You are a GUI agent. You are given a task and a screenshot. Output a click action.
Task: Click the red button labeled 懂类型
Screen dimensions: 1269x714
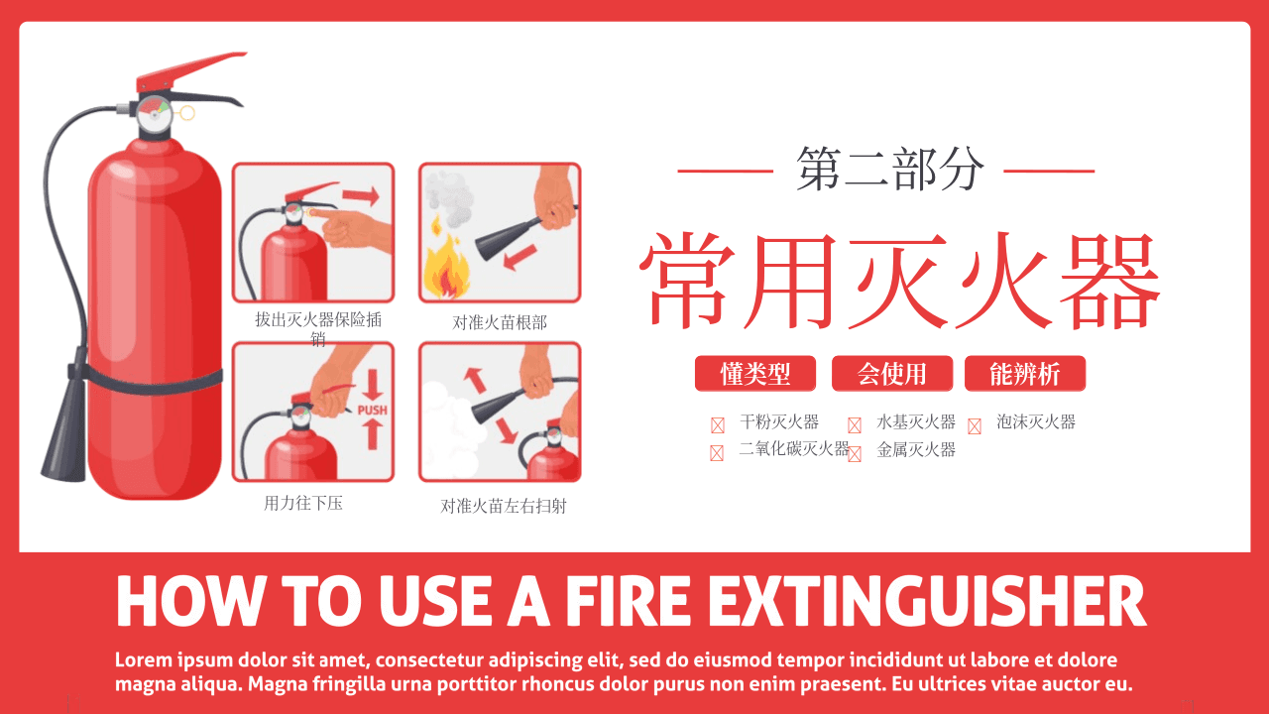coord(755,374)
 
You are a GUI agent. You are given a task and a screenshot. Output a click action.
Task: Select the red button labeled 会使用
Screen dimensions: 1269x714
coord(891,374)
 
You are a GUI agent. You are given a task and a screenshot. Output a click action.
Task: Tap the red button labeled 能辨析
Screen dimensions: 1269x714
coord(1025,374)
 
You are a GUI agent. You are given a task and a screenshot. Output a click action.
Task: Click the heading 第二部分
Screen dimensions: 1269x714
coord(890,169)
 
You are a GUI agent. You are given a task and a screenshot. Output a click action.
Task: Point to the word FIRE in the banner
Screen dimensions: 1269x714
coord(628,601)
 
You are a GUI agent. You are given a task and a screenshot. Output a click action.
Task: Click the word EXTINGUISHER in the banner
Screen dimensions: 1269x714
coord(927,601)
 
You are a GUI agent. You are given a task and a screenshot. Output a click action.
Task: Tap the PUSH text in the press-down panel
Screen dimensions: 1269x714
coord(372,410)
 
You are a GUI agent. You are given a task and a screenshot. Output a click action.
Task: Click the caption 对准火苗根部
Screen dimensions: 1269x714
coord(499,322)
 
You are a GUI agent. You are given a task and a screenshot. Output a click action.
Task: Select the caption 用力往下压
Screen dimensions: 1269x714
coord(303,503)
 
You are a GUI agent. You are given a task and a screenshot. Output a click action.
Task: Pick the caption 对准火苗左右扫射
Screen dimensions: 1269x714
coord(503,506)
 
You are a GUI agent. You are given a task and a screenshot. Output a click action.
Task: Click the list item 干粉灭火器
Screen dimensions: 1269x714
coord(779,421)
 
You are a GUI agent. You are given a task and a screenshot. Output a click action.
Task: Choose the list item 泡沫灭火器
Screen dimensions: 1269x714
coord(1036,421)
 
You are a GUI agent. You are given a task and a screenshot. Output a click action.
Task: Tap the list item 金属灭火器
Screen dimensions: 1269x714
coord(916,449)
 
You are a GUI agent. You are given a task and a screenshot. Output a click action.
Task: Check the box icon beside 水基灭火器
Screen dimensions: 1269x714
coord(855,425)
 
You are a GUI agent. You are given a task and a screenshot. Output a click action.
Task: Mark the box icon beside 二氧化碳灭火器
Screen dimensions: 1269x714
coord(717,453)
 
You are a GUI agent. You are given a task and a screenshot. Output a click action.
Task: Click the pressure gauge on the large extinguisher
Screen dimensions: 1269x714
coord(154,114)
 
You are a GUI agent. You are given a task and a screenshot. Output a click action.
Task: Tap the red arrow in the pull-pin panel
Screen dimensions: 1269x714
coord(361,195)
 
